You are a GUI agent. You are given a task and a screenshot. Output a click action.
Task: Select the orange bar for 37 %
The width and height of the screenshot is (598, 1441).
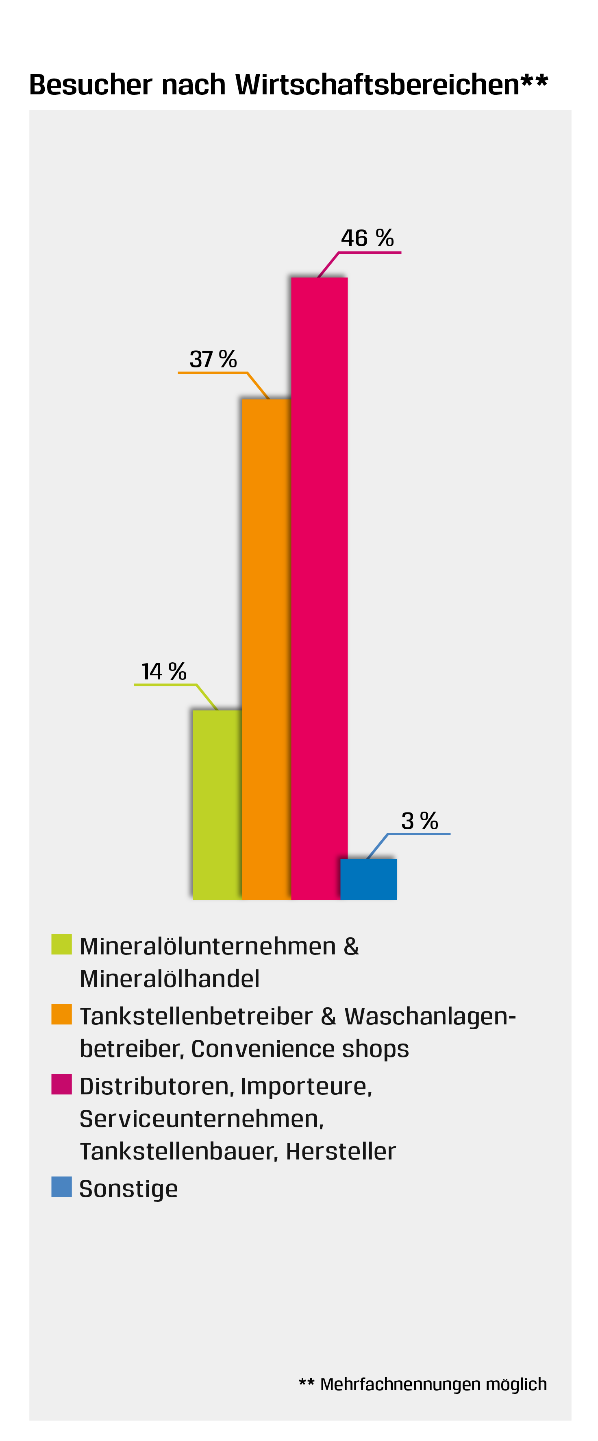266,649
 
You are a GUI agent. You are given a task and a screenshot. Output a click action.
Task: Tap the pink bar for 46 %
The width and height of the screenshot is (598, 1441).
319,587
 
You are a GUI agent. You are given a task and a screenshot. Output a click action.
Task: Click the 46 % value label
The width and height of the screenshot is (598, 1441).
367,238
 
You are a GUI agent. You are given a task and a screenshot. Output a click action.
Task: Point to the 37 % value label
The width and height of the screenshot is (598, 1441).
213,359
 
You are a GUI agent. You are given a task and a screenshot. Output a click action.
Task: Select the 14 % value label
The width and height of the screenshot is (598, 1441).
164,671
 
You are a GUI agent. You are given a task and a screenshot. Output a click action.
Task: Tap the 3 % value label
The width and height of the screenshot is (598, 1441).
419,821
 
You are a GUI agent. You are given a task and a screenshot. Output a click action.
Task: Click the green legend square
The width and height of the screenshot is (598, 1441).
61,944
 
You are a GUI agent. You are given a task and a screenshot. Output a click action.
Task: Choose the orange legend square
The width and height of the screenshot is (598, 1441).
61,1014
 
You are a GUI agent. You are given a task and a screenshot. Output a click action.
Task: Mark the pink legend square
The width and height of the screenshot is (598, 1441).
61,1084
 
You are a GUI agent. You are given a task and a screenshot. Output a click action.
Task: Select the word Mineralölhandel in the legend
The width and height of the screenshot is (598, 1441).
170,979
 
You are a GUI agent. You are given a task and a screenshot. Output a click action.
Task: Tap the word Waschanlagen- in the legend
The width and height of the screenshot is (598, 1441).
430,1016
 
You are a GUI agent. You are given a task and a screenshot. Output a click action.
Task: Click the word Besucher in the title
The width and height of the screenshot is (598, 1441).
91,85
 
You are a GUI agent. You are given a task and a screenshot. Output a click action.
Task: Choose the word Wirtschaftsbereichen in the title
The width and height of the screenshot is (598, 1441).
378,85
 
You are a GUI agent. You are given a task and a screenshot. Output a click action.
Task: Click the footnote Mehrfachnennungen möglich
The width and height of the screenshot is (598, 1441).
433,1384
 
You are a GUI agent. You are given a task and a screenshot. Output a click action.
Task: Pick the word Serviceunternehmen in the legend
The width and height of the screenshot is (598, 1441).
202,1119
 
